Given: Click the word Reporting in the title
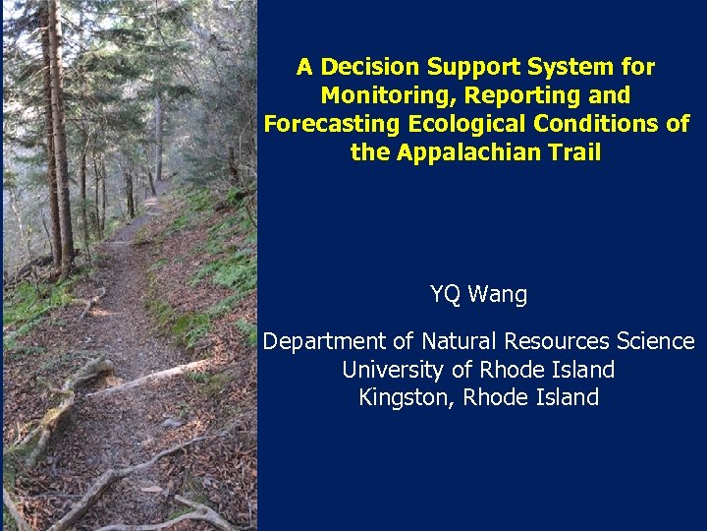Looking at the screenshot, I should point(521,95).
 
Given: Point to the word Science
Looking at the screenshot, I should point(655,341).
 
